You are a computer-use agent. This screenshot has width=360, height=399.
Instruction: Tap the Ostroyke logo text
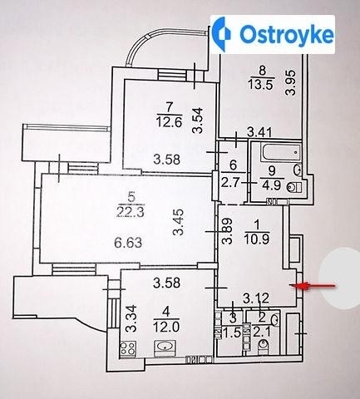[x=287, y=34]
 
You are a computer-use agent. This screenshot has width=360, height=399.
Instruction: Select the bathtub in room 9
[x=281, y=152]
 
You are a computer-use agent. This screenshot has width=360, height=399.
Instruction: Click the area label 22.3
[x=131, y=213]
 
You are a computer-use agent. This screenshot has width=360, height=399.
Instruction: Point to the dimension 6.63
[x=128, y=243]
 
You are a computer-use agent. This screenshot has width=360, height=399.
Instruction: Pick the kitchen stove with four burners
[x=128, y=348]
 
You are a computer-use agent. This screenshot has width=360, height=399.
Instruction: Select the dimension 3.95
[x=291, y=83]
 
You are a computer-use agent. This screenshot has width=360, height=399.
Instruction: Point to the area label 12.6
[x=169, y=121]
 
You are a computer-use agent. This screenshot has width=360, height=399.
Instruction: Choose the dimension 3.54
[x=199, y=121]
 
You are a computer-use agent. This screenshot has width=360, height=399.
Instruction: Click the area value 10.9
[x=257, y=239]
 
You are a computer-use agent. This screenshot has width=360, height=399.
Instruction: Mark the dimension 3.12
[x=256, y=298]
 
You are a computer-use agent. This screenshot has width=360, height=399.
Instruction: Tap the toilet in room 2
[x=263, y=347]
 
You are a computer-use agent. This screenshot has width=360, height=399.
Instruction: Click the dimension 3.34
[x=131, y=318]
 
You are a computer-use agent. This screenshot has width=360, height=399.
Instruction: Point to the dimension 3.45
[x=178, y=222]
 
